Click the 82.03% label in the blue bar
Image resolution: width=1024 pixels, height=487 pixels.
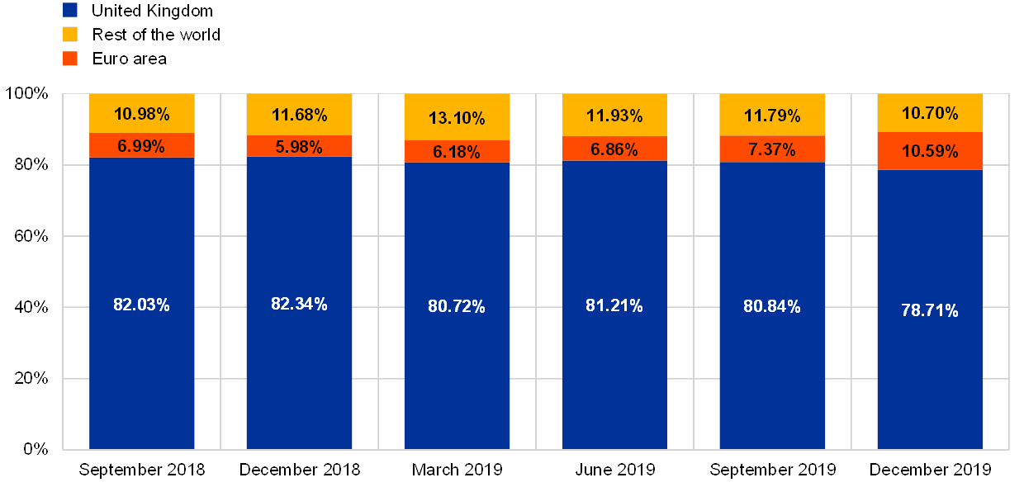pyautogui.click(x=141, y=305)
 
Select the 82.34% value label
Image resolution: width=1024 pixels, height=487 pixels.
pyautogui.click(x=299, y=304)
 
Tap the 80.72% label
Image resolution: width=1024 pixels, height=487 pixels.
pyautogui.click(x=457, y=306)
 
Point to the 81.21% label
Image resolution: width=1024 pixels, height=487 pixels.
pyautogui.click(x=614, y=305)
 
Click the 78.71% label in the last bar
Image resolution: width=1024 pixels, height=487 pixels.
pyautogui.click(x=930, y=310)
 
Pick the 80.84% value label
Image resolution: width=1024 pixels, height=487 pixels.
pyautogui.click(x=772, y=306)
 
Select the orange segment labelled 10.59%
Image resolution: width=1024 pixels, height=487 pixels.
pyautogui.click(x=930, y=151)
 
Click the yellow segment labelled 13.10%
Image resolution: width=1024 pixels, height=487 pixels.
pyautogui.click(x=457, y=117)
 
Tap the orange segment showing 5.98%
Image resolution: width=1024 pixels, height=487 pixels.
pyautogui.click(x=299, y=145)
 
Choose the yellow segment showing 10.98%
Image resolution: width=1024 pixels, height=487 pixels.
pyautogui.click(x=141, y=113)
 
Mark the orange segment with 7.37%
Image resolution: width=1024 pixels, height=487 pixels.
pyautogui.click(x=772, y=149)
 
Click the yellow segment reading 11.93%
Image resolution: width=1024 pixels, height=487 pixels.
pyautogui.click(x=614, y=115)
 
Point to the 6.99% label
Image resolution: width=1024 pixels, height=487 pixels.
pyautogui.click(x=141, y=146)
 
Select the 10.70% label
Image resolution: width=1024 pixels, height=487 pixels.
pyautogui.click(x=930, y=113)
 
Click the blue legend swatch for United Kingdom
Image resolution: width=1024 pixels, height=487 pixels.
pyautogui.click(x=70, y=10)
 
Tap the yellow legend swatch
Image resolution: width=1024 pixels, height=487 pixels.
pyautogui.click(x=70, y=35)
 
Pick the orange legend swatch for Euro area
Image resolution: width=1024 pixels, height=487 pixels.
pyautogui.click(x=70, y=59)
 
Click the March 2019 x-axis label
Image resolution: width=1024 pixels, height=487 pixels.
pyautogui.click(x=457, y=470)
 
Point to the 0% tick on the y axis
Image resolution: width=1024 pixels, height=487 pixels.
pyautogui.click(x=35, y=449)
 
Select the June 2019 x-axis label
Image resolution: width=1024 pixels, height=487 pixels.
pyautogui.click(x=614, y=470)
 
